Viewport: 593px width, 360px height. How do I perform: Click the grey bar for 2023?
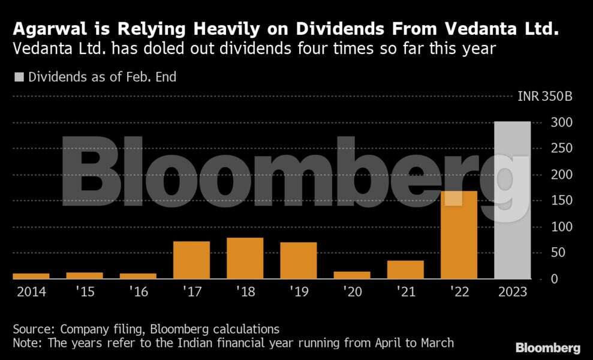(x=512, y=200)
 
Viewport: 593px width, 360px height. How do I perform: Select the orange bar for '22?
(x=459, y=235)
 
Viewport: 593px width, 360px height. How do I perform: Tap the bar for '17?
(x=191, y=260)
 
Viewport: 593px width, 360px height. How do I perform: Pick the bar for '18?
(x=245, y=259)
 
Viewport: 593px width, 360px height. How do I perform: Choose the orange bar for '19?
(x=298, y=261)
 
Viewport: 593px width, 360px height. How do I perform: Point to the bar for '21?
(x=405, y=270)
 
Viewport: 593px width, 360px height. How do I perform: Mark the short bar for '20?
(x=352, y=275)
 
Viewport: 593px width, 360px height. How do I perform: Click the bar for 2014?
(x=31, y=276)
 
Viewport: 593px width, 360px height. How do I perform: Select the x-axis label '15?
(x=85, y=292)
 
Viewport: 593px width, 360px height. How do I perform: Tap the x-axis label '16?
(x=138, y=292)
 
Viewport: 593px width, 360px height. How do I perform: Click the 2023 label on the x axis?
(x=512, y=292)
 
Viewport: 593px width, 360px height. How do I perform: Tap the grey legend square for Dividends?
(x=19, y=77)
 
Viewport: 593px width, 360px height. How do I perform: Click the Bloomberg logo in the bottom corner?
(x=548, y=348)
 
